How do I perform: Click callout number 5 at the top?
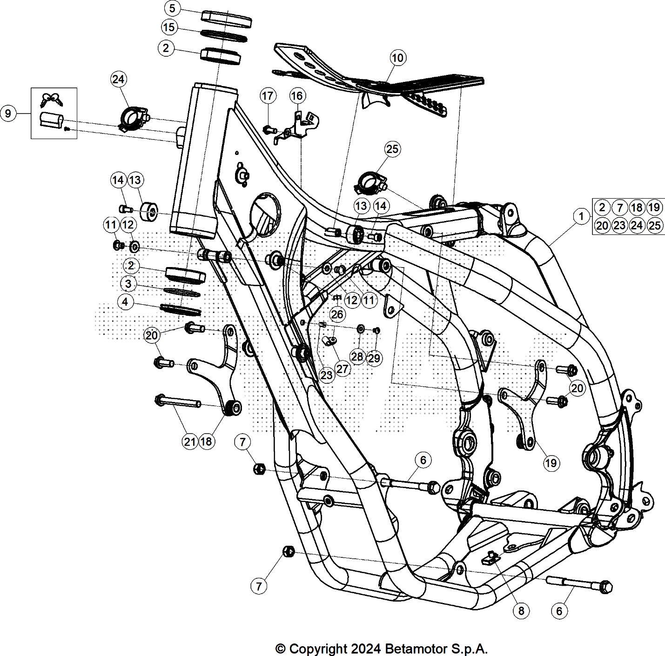tap(172, 8)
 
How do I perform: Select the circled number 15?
tap(168, 27)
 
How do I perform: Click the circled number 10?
tap(397, 58)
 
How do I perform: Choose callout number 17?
tap(268, 96)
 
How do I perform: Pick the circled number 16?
tap(296, 96)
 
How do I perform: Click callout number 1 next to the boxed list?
tap(580, 216)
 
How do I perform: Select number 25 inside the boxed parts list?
tap(654, 225)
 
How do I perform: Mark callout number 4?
tap(125, 302)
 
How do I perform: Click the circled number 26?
tap(337, 315)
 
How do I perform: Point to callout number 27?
tap(342, 369)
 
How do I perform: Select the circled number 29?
tap(374, 358)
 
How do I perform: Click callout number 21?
tap(189, 442)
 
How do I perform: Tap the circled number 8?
tap(521, 611)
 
